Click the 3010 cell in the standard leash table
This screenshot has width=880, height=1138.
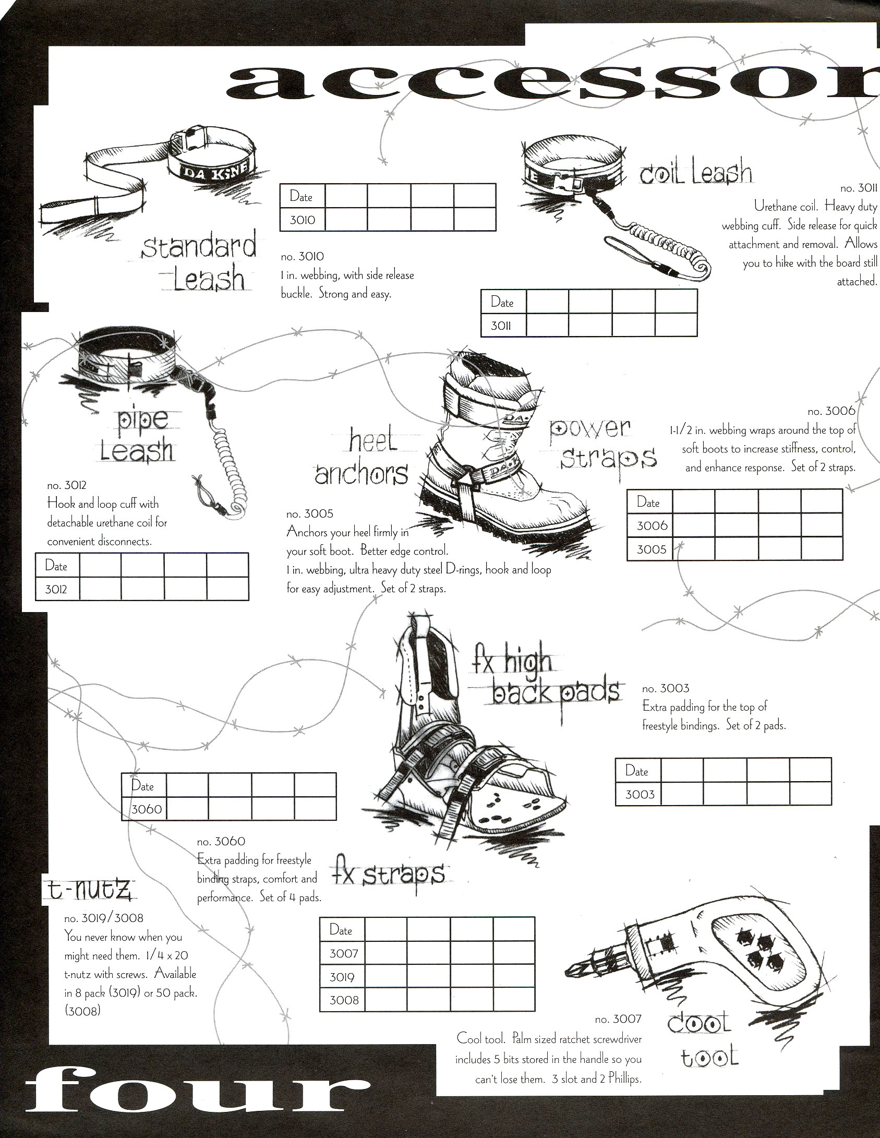pyautogui.click(x=303, y=220)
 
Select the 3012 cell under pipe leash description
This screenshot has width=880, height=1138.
pyautogui.click(x=56, y=590)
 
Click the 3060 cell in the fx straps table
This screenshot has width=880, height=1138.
pyautogui.click(x=147, y=809)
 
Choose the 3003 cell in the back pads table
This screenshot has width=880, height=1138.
pyautogui.click(x=639, y=795)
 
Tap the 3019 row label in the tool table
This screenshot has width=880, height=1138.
pyautogui.click(x=342, y=977)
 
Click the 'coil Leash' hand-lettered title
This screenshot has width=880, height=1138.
pyautogui.click(x=696, y=174)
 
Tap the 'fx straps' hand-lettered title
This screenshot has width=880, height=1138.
pyautogui.click(x=388, y=876)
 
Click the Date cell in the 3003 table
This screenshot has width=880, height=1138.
pyautogui.click(x=637, y=771)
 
